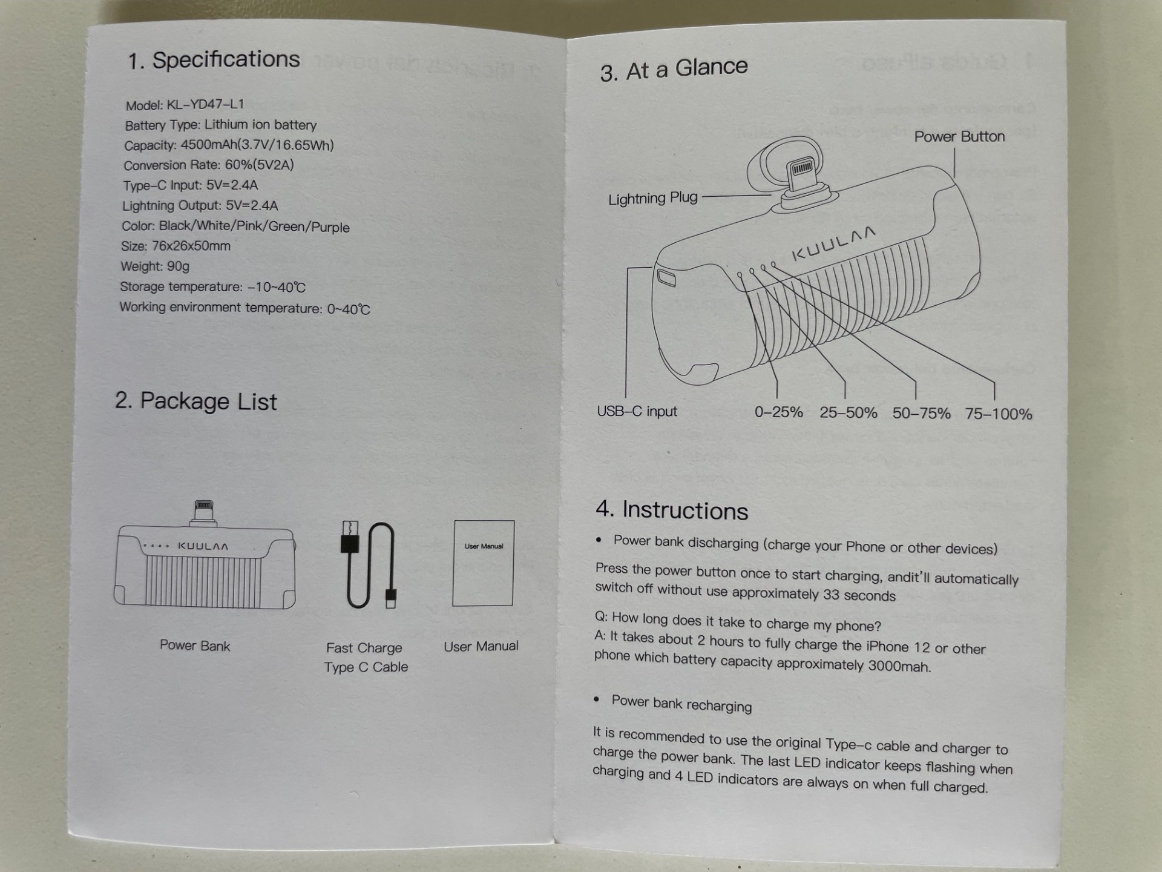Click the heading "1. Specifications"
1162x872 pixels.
214,60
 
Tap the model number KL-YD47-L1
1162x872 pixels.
205,104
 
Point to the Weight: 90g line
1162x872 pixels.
155,266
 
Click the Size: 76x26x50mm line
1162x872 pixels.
176,246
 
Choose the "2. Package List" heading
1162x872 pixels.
196,401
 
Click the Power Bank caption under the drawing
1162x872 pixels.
195,646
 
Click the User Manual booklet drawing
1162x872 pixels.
483,563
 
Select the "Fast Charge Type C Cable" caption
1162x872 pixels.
366,657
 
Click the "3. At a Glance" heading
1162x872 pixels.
674,69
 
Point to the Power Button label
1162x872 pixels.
959,137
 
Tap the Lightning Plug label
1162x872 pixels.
652,199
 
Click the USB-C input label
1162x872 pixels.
637,411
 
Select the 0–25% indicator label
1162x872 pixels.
778,412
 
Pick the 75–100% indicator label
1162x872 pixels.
999,414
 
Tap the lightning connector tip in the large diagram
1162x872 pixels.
802,168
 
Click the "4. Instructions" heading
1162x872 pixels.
672,510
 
